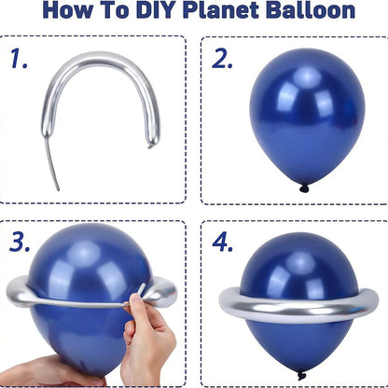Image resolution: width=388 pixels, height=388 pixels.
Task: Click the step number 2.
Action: [222, 59]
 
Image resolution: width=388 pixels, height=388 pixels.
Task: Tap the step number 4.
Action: [222, 242]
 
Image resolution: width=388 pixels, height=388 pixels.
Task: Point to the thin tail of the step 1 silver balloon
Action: [49, 168]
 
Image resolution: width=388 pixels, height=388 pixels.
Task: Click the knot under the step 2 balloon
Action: [303, 187]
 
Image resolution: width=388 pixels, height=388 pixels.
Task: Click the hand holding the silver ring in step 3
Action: [149, 336]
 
